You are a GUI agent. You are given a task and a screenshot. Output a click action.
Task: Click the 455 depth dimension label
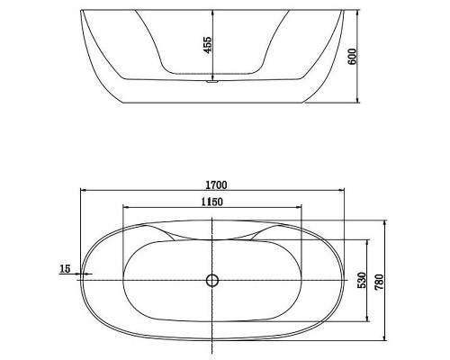(207, 45)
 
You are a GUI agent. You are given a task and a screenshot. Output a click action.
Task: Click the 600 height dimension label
(352, 56)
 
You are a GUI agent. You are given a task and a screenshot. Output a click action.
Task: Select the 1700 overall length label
(216, 185)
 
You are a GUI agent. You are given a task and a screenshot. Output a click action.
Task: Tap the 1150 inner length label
(212, 202)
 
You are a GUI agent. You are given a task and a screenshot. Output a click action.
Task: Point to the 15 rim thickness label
(65, 268)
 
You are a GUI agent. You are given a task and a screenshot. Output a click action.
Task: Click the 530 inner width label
(362, 280)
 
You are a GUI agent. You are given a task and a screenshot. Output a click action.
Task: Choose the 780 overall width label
(379, 282)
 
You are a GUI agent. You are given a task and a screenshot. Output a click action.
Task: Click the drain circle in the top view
(212, 280)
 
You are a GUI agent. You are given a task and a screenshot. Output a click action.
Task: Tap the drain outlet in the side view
(212, 81)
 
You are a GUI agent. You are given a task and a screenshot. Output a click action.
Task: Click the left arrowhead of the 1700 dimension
(84, 190)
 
